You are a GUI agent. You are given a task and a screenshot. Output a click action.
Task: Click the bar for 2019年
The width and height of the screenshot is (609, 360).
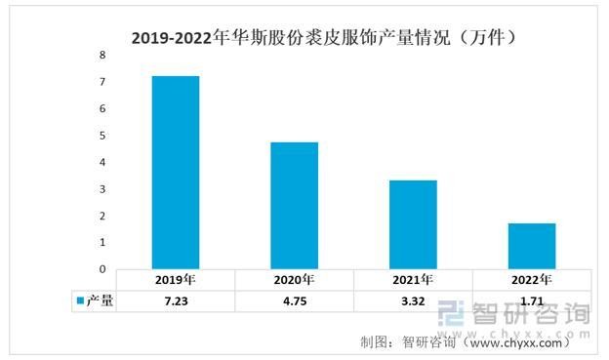pyautogui.click(x=176, y=173)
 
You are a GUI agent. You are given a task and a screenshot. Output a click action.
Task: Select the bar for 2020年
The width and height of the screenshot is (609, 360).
pyautogui.click(x=295, y=206)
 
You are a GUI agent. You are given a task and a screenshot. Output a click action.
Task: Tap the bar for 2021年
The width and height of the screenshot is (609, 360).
pyautogui.click(x=413, y=224)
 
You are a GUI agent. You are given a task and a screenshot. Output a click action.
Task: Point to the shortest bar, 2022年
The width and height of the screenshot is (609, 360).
pyautogui.click(x=532, y=246)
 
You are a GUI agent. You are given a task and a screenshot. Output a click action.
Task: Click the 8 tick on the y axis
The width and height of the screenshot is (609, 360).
pyautogui.click(x=102, y=56)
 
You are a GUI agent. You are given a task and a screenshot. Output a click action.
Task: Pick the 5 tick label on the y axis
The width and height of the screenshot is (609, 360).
pyautogui.click(x=102, y=136)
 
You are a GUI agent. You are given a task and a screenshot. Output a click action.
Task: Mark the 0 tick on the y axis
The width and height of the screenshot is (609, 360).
pyautogui.click(x=102, y=269)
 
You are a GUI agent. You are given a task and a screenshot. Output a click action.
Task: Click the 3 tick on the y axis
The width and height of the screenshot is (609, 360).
pyautogui.click(x=102, y=189)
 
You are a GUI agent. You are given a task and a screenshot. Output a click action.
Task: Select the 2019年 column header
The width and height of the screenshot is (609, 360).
pyautogui.click(x=175, y=280)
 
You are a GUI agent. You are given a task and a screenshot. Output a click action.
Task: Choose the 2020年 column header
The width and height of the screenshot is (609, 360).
pyautogui.click(x=294, y=280)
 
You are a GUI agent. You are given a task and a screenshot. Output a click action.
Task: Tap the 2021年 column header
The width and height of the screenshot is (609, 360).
pyautogui.click(x=413, y=280)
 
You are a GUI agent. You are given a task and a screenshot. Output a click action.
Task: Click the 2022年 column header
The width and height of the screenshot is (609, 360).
pyautogui.click(x=532, y=280)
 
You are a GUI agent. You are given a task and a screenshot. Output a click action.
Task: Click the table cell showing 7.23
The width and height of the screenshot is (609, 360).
pyautogui.click(x=176, y=300)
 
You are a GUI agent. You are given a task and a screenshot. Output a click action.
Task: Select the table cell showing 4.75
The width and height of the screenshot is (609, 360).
pyautogui.click(x=295, y=300)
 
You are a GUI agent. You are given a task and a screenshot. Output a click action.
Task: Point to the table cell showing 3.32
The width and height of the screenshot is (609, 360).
pyautogui.click(x=413, y=300)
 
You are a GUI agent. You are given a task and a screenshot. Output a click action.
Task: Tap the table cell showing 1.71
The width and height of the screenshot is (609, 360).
pyautogui.click(x=532, y=300)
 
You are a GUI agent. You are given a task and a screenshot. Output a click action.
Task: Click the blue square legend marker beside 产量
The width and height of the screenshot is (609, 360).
pyautogui.click(x=81, y=300)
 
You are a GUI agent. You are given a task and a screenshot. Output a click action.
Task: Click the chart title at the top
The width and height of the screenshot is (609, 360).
pyautogui.click(x=324, y=38)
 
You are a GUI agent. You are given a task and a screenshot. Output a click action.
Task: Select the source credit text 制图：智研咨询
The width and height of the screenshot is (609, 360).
pyautogui.click(x=408, y=342)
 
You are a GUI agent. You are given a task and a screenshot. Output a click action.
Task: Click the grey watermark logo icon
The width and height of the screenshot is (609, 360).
pyautogui.click(x=451, y=313)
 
